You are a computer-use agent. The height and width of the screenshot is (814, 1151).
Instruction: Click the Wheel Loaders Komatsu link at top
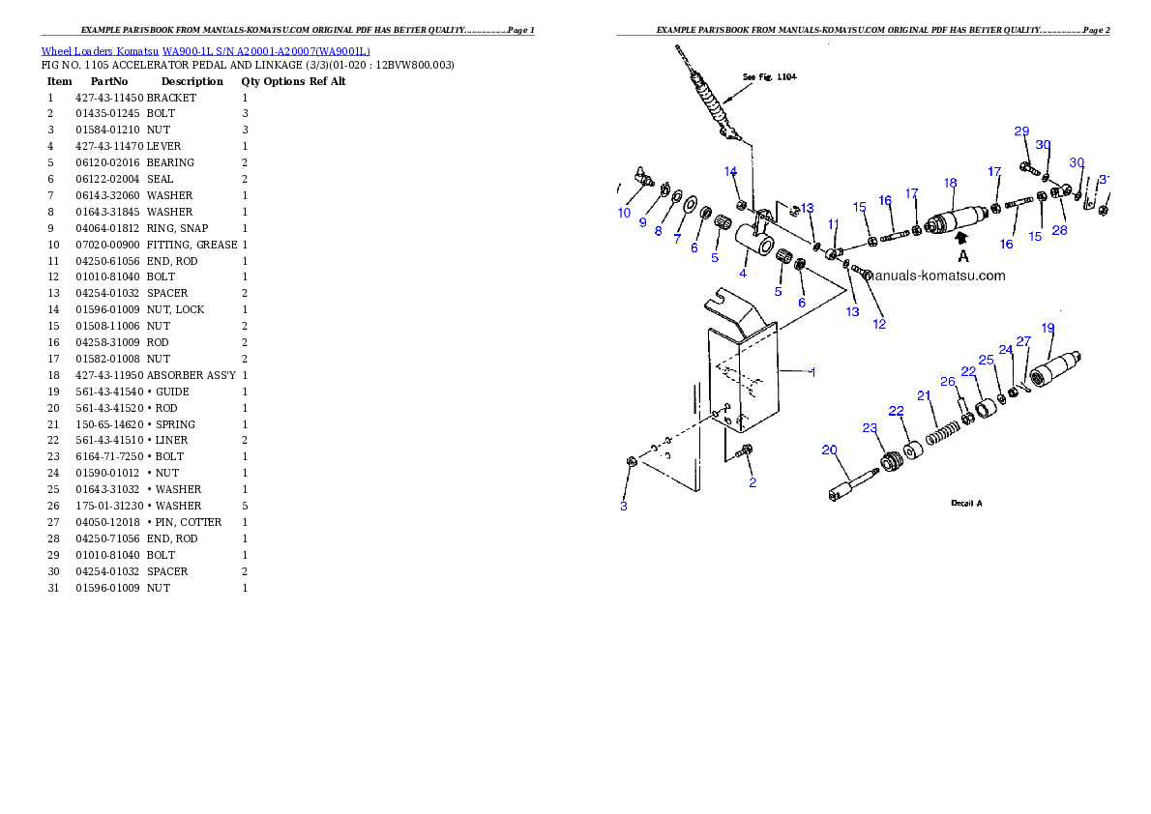(x=205, y=51)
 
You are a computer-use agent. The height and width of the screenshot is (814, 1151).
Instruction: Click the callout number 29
(x=1021, y=131)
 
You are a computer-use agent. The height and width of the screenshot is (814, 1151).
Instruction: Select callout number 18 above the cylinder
(x=951, y=183)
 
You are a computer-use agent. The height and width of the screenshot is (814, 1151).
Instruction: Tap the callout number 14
(x=731, y=171)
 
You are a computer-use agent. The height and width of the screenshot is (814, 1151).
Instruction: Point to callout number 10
(x=624, y=213)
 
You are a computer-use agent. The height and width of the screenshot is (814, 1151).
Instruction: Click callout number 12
(x=879, y=324)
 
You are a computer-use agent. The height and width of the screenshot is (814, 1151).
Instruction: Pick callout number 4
(x=743, y=274)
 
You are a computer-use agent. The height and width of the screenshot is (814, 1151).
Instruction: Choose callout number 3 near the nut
(x=624, y=506)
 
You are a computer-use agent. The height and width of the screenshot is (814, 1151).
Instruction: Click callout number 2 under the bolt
(x=753, y=482)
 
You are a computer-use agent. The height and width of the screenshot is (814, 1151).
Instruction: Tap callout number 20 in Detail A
(x=829, y=450)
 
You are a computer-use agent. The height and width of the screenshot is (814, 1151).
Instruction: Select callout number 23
(x=870, y=427)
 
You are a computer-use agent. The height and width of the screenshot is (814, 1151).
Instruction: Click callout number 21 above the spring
(x=924, y=395)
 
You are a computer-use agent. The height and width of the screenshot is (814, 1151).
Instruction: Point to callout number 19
(x=1048, y=328)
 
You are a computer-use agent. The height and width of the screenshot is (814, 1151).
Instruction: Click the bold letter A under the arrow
(x=963, y=256)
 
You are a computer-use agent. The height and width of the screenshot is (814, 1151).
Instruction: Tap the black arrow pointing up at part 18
(x=961, y=235)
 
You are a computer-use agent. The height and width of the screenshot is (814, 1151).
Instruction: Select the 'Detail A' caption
(x=966, y=504)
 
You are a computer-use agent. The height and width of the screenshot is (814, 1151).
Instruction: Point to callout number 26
(x=948, y=381)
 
